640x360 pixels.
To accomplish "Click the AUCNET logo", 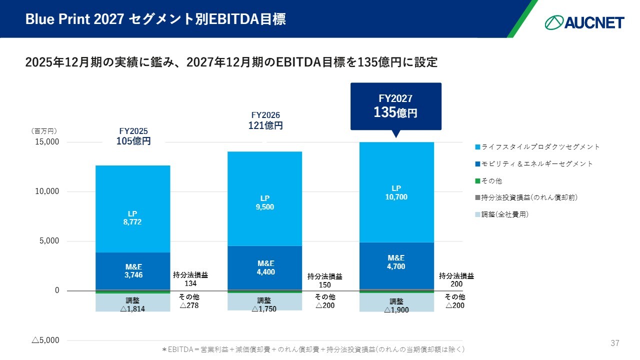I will [x=584, y=22].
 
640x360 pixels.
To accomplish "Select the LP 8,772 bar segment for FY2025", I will [x=133, y=209].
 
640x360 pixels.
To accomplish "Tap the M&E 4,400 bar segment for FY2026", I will [x=265, y=267].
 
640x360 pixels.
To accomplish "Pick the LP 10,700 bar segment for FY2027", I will [x=396, y=192].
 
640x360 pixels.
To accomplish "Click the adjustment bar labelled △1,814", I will [x=133, y=303].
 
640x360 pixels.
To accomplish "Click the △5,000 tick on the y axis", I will [x=45, y=340].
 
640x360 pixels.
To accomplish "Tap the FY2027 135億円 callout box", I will [x=395, y=106].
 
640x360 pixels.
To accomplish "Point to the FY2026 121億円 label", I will [x=265, y=121].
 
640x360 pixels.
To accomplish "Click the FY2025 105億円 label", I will [x=133, y=136].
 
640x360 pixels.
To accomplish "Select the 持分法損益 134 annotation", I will [x=190, y=279].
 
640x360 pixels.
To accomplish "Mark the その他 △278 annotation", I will [x=189, y=301].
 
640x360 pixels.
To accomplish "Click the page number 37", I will [x=615, y=343].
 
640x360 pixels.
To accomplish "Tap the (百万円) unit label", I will [x=44, y=131].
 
